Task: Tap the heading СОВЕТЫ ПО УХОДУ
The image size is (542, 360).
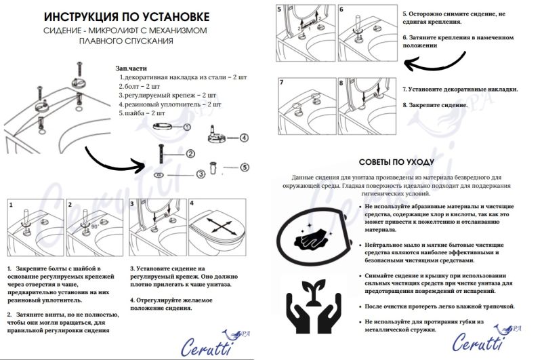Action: tap(406, 163)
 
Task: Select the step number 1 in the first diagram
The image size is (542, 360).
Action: tap(11, 203)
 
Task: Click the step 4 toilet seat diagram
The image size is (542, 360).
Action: tap(219, 228)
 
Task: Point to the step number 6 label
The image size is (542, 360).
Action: tap(341, 10)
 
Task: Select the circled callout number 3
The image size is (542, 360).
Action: tap(201, 174)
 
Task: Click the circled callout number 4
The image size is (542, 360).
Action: tap(243, 137)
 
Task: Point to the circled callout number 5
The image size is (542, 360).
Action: tap(245, 167)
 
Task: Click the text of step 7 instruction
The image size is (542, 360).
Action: tap(460, 89)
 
